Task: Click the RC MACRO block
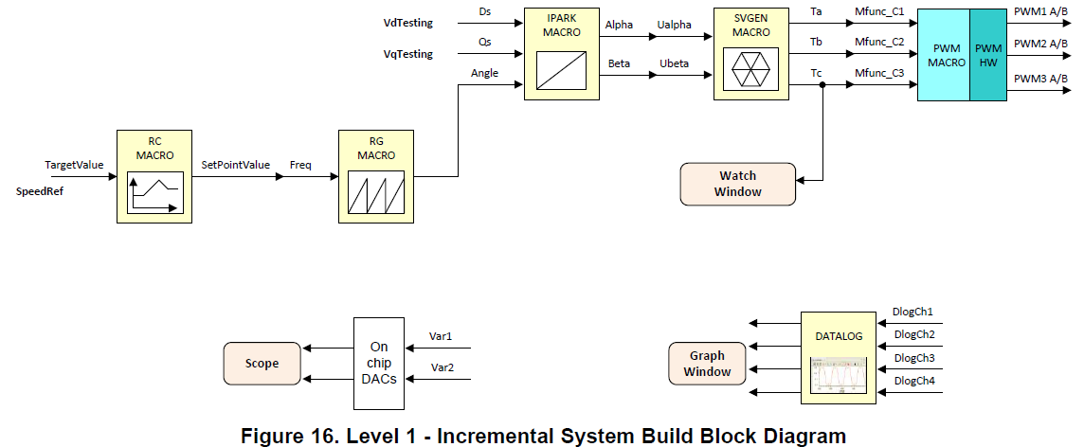pyautogui.click(x=154, y=176)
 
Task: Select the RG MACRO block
pyautogui.click(x=375, y=176)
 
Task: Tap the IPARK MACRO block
pyautogui.click(x=561, y=54)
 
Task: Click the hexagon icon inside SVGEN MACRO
pyautogui.click(x=750, y=69)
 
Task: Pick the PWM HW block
pyautogui.click(x=988, y=55)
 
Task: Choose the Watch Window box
pyautogui.click(x=737, y=184)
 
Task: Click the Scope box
pyautogui.click(x=262, y=364)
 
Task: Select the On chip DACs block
pyautogui.click(x=379, y=364)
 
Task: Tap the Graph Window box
pyautogui.click(x=707, y=364)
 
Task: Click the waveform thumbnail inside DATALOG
pyautogui.click(x=839, y=374)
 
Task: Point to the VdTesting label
pyautogui.click(x=407, y=23)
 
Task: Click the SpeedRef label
pyautogui.click(x=40, y=191)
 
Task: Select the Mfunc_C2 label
pyautogui.click(x=879, y=43)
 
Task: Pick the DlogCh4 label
pyautogui.click(x=914, y=381)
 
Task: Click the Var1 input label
pyautogui.click(x=441, y=336)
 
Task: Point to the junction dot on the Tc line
pyautogui.click(x=822, y=85)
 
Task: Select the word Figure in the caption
pyautogui.click(x=270, y=436)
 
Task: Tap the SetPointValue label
pyautogui.click(x=236, y=165)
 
